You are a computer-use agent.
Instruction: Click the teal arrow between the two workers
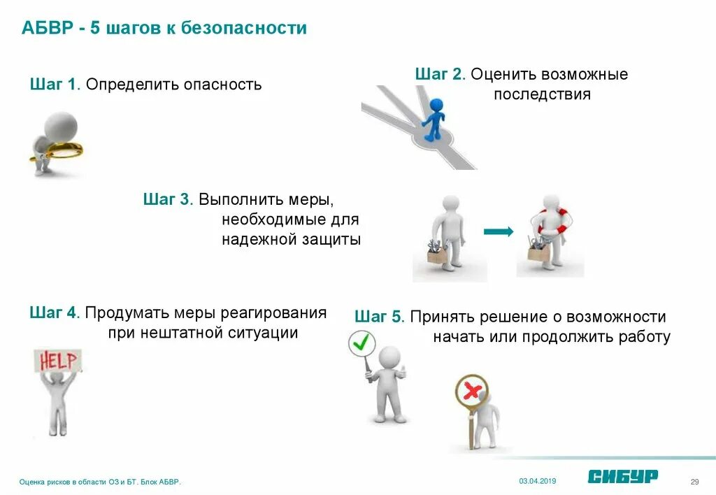pos(499,231)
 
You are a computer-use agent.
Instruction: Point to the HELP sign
pos(58,361)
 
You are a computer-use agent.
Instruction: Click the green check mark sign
pos(361,343)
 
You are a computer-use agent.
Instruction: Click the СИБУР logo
pos(622,476)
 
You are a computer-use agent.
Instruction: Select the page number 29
pos(694,481)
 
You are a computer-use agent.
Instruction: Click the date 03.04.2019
pos(537,480)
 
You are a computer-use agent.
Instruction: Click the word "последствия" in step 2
pos(542,94)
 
